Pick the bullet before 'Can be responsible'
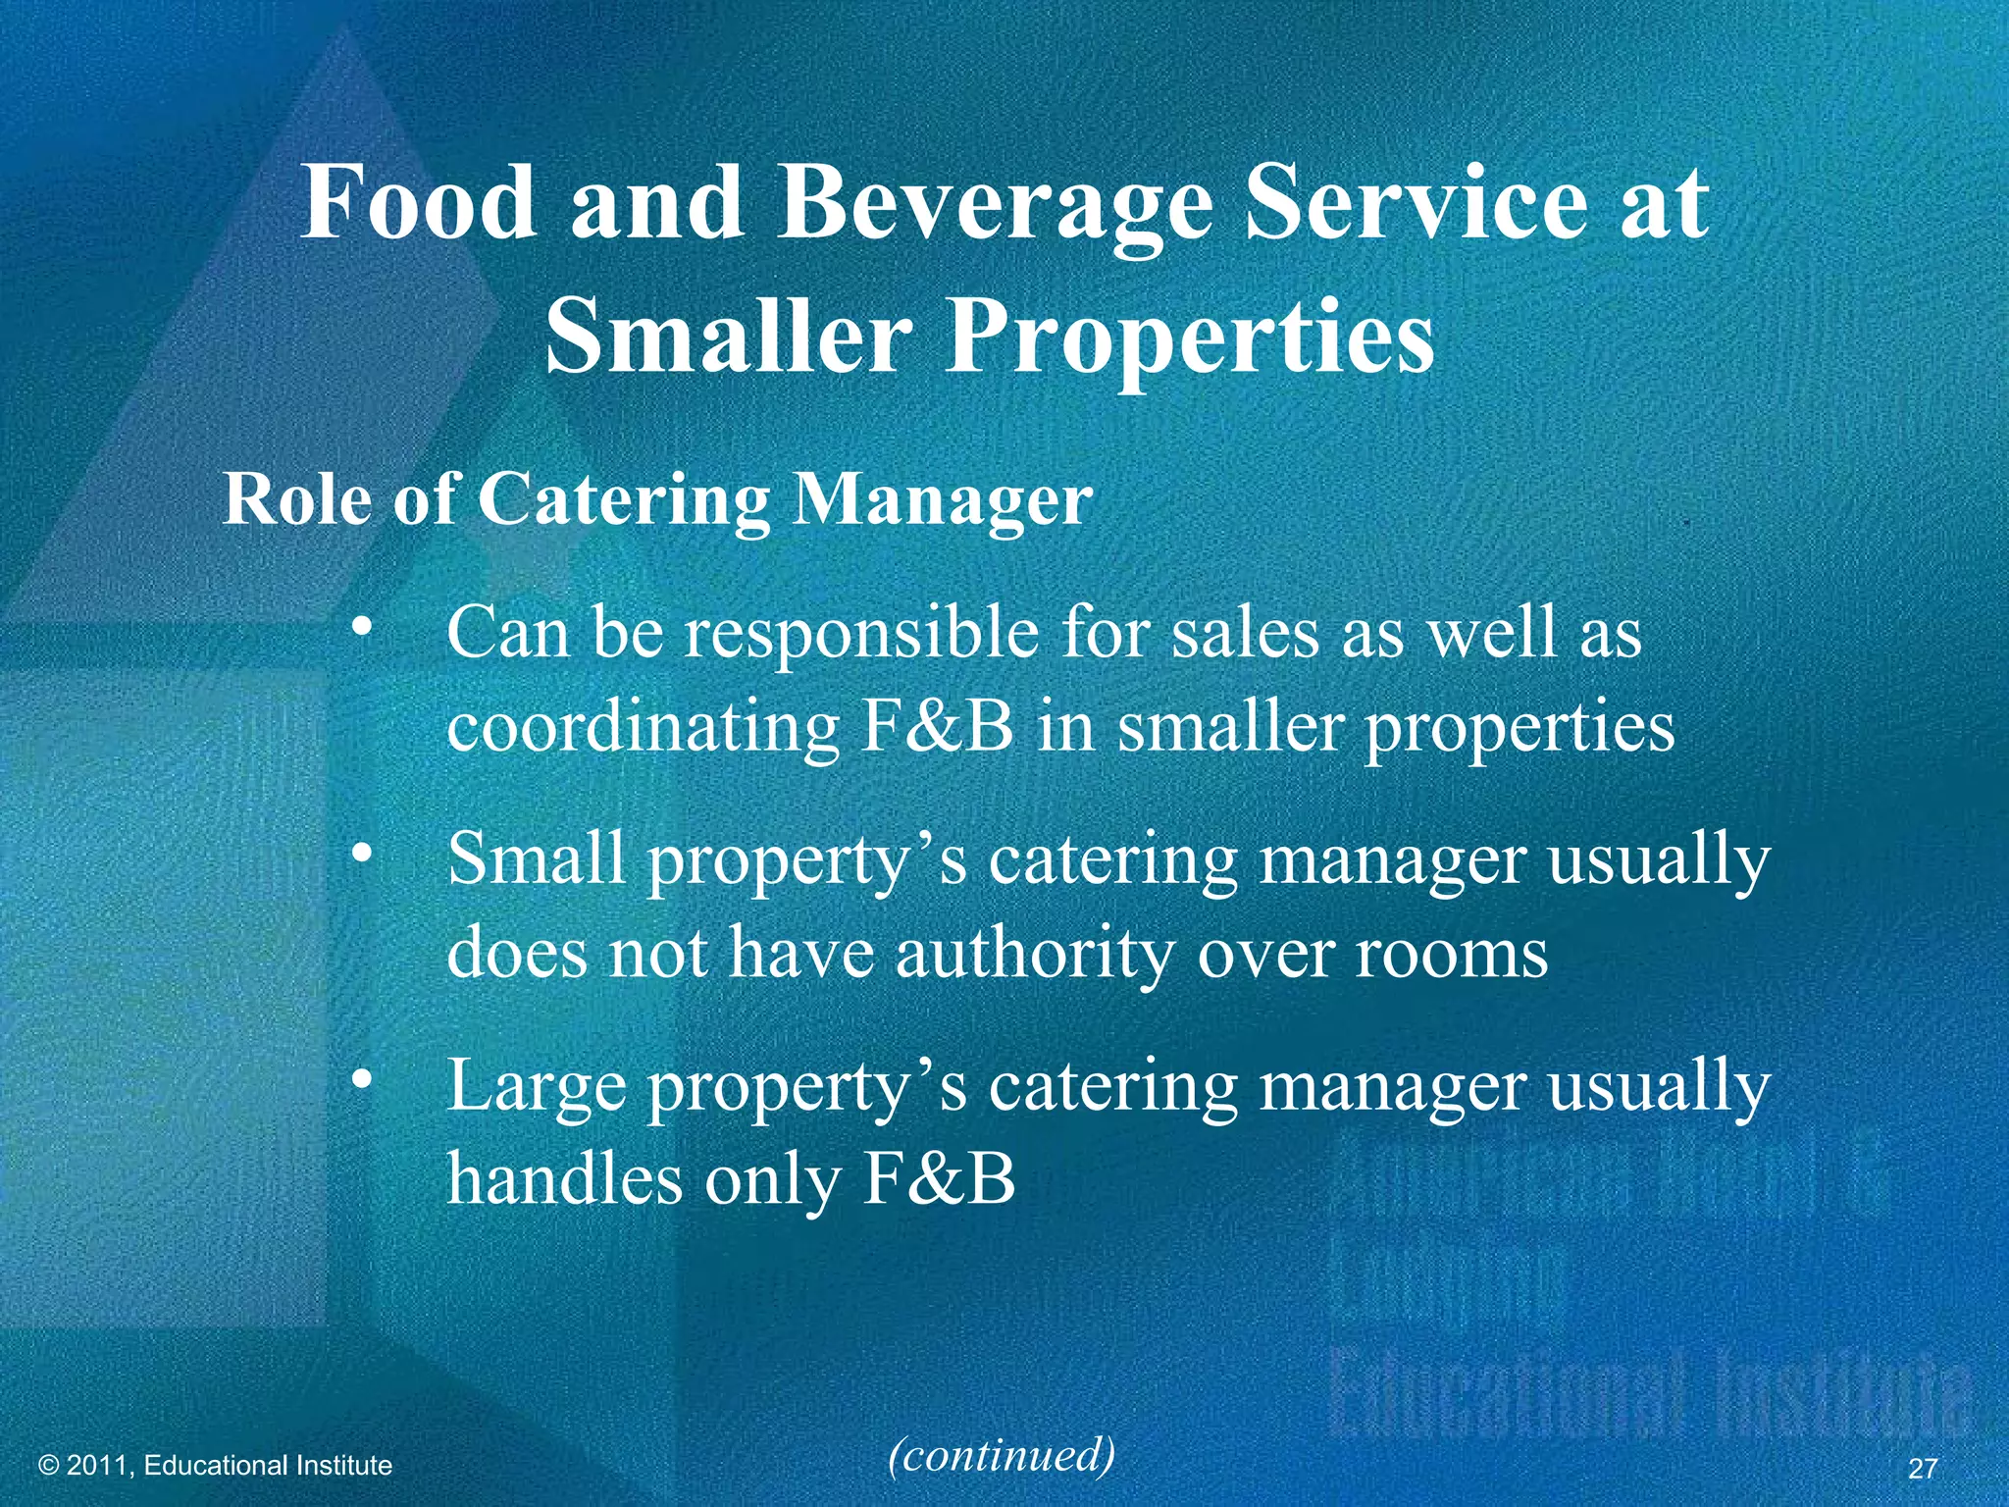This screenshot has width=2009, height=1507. (363, 627)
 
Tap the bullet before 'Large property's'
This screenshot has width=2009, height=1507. (363, 1080)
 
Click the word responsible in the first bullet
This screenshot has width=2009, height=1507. (859, 635)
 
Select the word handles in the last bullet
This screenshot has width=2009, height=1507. (564, 1178)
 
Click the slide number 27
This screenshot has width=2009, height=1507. (1924, 1468)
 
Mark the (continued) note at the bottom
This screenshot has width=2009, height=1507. (1002, 1455)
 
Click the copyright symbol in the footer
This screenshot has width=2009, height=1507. (49, 1466)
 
